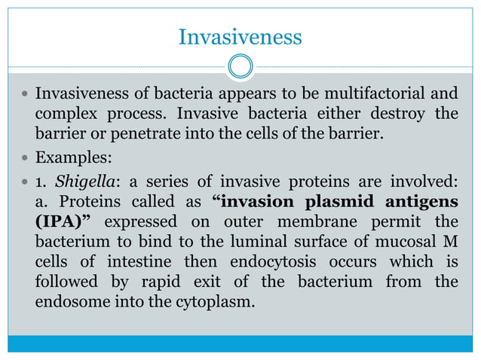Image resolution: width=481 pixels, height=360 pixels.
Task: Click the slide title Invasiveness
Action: [x=240, y=36]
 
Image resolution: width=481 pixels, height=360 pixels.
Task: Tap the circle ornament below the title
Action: [x=240, y=66]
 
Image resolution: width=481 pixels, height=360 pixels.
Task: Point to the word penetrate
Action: [x=154, y=135]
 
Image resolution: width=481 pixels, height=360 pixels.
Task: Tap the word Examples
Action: [x=71, y=160]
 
